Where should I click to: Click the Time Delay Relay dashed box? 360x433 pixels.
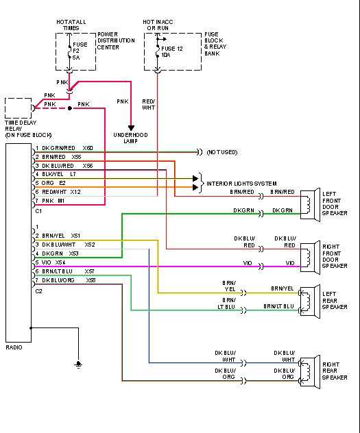pyautogui.click(x=18, y=108)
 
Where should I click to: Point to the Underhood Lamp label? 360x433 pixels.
pyautogui.click(x=131, y=138)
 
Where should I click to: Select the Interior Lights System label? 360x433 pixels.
pyautogui.click(x=241, y=184)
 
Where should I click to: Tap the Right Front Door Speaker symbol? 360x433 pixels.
pyautogui.click(x=313, y=255)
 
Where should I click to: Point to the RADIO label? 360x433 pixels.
pyautogui.click(x=14, y=347)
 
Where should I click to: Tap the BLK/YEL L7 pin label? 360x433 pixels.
pyautogui.click(x=59, y=175)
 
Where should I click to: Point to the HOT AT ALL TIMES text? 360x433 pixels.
pyautogui.click(x=72, y=25)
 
